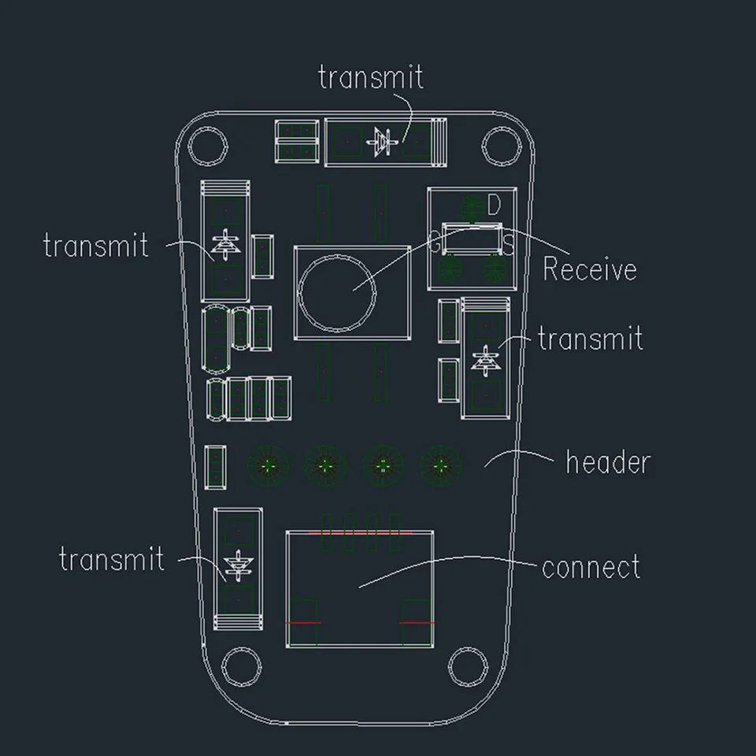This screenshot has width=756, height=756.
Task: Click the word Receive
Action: tap(590, 269)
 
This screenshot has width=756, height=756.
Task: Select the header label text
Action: tap(608, 462)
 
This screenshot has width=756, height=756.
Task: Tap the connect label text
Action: tap(591, 567)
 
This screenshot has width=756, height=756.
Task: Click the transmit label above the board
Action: tap(371, 77)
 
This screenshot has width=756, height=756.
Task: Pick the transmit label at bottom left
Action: tap(112, 560)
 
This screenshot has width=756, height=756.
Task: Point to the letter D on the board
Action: tap(494, 206)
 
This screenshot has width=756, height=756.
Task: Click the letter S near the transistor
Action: tap(509, 246)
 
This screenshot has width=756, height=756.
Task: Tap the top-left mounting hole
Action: tap(209, 145)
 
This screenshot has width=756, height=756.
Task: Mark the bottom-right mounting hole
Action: tap(465, 665)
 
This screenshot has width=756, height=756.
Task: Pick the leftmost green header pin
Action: tap(269, 466)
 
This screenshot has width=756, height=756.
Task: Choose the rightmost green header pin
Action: tap(440, 466)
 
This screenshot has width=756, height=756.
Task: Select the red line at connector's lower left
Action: tap(305, 623)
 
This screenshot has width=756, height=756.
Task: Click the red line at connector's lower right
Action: tap(417, 623)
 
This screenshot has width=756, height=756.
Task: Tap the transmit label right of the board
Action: tap(591, 339)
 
